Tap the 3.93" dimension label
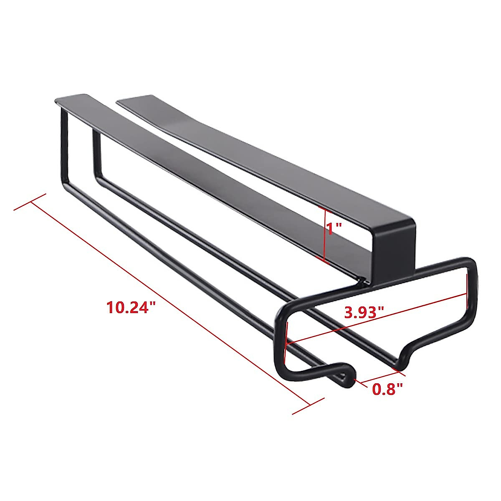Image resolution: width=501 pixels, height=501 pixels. coord(364,311)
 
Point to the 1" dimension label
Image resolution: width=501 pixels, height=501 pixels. coord(334,228)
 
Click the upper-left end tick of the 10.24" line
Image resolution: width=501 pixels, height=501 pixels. coord(30,202)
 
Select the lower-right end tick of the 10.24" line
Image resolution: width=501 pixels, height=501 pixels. coord(308,404)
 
